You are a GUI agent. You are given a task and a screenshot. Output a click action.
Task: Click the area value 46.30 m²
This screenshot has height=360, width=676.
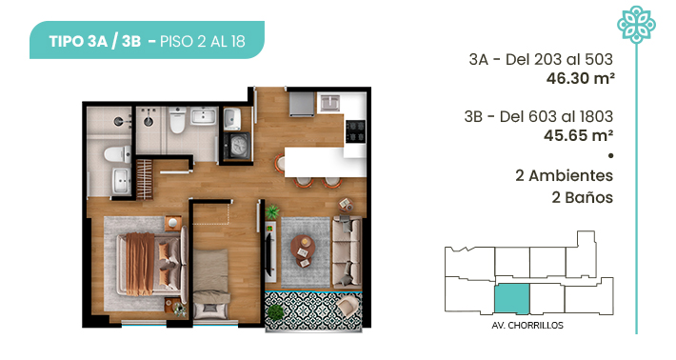pyautogui.click(x=580, y=78)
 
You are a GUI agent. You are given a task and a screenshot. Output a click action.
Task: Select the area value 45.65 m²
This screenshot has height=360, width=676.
pyautogui.click(x=578, y=136)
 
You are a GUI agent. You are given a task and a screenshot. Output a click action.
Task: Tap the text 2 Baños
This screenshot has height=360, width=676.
pyautogui.click(x=582, y=197)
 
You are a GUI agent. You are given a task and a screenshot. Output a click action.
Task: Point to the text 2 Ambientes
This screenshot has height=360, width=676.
pyautogui.click(x=564, y=175)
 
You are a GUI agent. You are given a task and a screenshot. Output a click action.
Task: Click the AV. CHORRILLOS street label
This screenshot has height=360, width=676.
pyautogui.click(x=527, y=326)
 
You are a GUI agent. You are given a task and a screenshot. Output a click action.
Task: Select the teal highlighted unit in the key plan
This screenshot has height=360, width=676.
pyautogui.click(x=511, y=298)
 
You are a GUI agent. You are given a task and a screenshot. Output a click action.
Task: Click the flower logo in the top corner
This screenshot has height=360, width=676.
pyautogui.click(x=636, y=24)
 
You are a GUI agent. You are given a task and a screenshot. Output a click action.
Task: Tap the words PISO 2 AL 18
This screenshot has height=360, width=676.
pyautogui.click(x=202, y=41)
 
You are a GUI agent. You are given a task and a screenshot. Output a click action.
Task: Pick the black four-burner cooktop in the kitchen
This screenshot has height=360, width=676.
pyautogui.click(x=356, y=131)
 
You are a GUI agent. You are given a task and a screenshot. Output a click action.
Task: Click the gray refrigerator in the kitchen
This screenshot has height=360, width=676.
pyautogui.click(x=302, y=104)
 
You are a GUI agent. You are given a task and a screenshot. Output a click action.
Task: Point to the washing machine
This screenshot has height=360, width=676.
pyautogui.click(x=237, y=146)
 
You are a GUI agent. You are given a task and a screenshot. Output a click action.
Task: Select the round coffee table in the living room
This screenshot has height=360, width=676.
pyautogui.click(x=303, y=250)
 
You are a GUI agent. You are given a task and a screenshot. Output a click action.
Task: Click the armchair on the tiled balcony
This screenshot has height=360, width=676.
pyautogui.click(x=348, y=308)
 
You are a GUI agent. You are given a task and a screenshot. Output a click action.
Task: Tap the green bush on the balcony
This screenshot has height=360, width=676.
pyautogui.click(x=275, y=311)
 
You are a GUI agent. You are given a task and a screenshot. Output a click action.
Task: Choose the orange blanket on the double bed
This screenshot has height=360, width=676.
pyautogui.click(x=140, y=264)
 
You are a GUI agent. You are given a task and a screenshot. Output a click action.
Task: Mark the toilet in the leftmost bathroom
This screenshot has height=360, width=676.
pyautogui.click(x=117, y=154)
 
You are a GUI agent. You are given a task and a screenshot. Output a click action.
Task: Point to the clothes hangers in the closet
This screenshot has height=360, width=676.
pyautogui.click(x=145, y=179)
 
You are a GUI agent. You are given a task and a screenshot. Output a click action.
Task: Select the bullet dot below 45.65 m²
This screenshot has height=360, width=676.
pyautogui.click(x=610, y=155)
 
